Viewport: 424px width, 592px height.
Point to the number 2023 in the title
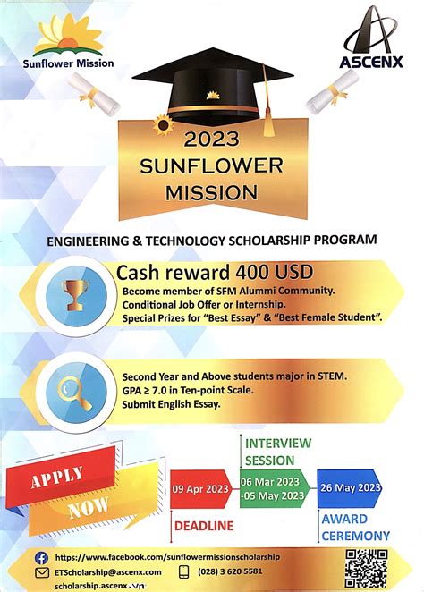coord(212,139)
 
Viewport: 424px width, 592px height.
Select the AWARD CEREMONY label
coord(355,528)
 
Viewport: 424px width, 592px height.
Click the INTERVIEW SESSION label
coord(278,452)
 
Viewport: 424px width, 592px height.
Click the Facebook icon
coord(42,556)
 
